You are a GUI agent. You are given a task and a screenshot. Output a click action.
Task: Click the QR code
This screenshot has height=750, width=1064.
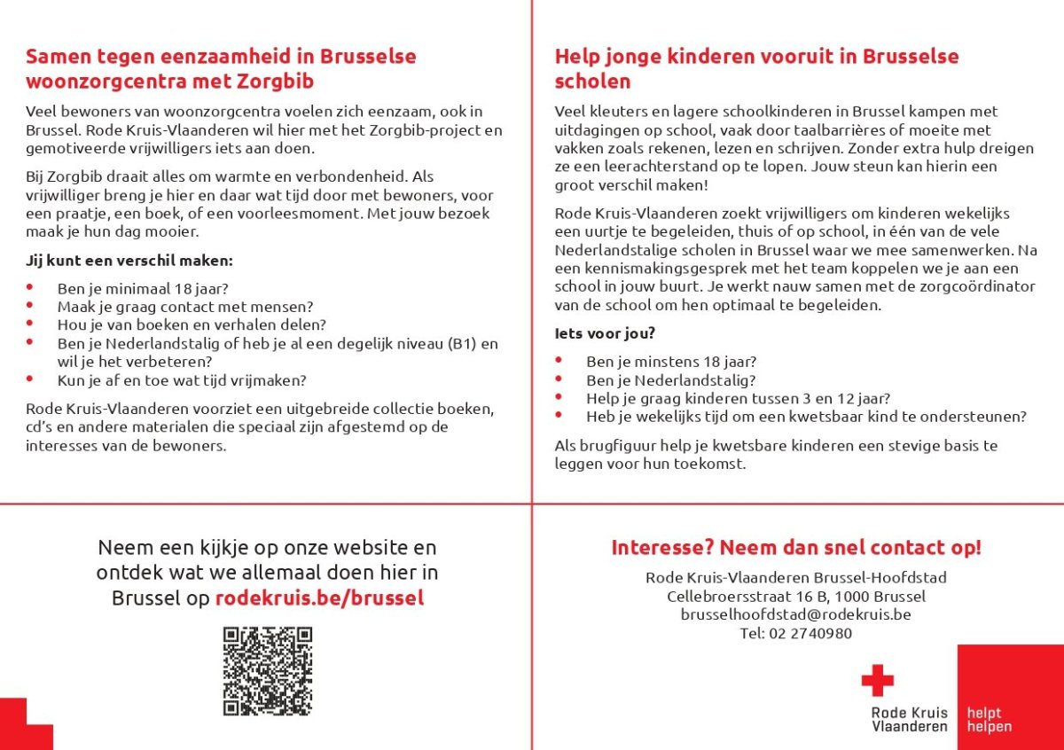tap(268, 671)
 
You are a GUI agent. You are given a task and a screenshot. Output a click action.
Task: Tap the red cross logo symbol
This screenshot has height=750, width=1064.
tap(877, 681)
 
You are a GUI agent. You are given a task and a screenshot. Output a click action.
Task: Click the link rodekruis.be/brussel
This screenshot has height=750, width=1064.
tap(319, 598)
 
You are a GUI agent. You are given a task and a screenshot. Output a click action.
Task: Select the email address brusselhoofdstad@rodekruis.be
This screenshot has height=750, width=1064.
tap(795, 614)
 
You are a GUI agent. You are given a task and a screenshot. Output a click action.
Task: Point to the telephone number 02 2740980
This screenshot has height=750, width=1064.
tap(796, 633)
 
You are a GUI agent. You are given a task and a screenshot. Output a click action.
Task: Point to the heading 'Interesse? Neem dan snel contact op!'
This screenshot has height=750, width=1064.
tap(795, 547)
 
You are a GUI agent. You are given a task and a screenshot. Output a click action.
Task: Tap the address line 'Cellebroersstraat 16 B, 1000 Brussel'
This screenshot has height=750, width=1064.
tap(795, 596)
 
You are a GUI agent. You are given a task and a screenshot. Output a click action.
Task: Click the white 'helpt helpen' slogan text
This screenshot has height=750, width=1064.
tap(989, 719)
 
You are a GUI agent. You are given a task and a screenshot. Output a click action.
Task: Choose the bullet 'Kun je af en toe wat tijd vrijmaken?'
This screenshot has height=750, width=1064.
tap(182, 380)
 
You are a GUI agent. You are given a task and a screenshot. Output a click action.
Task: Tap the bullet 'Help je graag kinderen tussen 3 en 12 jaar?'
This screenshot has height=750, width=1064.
tap(738, 398)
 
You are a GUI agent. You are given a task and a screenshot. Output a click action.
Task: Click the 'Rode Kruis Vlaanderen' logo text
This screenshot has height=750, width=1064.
tap(909, 719)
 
